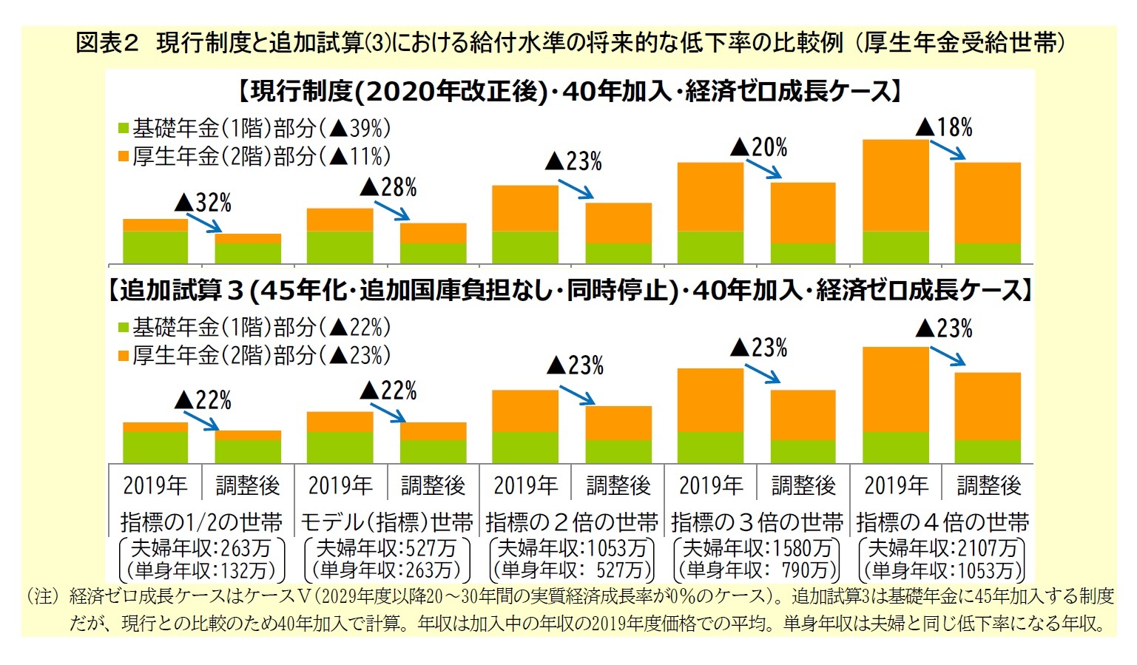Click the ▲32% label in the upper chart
[x=203, y=202]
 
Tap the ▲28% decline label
[x=388, y=187]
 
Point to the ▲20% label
[x=759, y=147]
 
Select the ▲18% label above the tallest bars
[x=944, y=127]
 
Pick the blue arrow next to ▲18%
[x=948, y=149]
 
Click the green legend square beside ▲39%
[x=124, y=129]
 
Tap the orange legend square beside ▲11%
[x=124, y=156]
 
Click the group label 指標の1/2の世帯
[x=201, y=522]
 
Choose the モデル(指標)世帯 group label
[x=386, y=522]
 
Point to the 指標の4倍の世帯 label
[x=942, y=522]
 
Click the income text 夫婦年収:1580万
[x=757, y=548]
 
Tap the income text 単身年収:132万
[x=201, y=570]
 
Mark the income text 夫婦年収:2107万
[x=942, y=548]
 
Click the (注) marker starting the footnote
[x=42, y=596]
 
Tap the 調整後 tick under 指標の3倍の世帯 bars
[x=803, y=485]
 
